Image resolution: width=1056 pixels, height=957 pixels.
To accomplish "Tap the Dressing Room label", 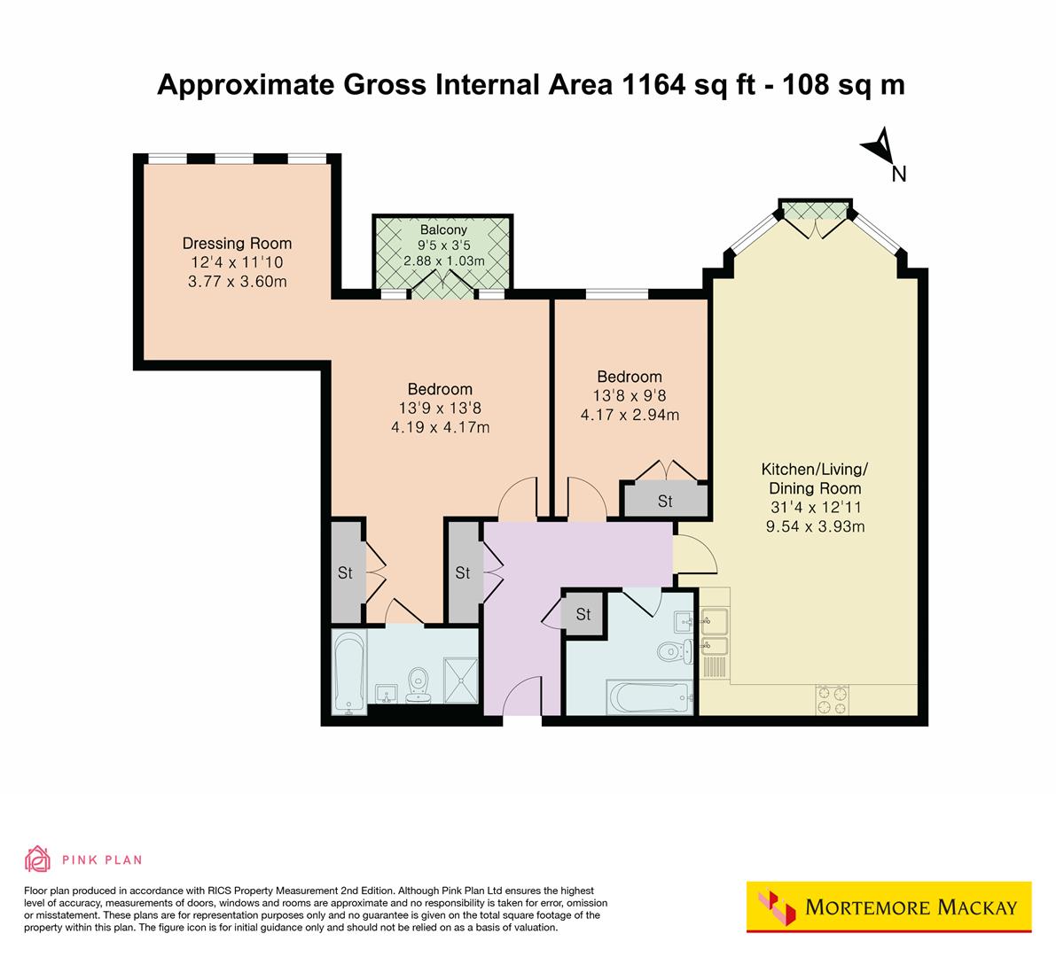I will pos(237,244).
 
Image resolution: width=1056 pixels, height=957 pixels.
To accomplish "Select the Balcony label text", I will pos(443,230).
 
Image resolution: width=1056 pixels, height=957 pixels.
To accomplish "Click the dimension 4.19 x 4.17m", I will pos(440,427).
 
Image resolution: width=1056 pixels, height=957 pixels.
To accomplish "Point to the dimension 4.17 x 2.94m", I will pos(629,415).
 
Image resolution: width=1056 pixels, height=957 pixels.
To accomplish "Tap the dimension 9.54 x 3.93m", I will pos(815,526).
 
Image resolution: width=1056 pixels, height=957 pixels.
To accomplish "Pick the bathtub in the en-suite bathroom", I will pos(347,672).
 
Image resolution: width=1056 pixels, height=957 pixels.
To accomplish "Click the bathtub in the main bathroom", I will pos(647,697).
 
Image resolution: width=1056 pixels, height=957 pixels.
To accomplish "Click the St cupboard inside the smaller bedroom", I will pos(665,502).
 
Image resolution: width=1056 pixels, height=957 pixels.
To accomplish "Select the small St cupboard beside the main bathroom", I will pos(583,614).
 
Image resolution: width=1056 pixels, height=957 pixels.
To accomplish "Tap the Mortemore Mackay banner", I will pos(888,906).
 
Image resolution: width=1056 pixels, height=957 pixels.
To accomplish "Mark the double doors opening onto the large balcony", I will pos(442,285).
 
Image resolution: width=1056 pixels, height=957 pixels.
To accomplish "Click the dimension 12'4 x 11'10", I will pos(237,263).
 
